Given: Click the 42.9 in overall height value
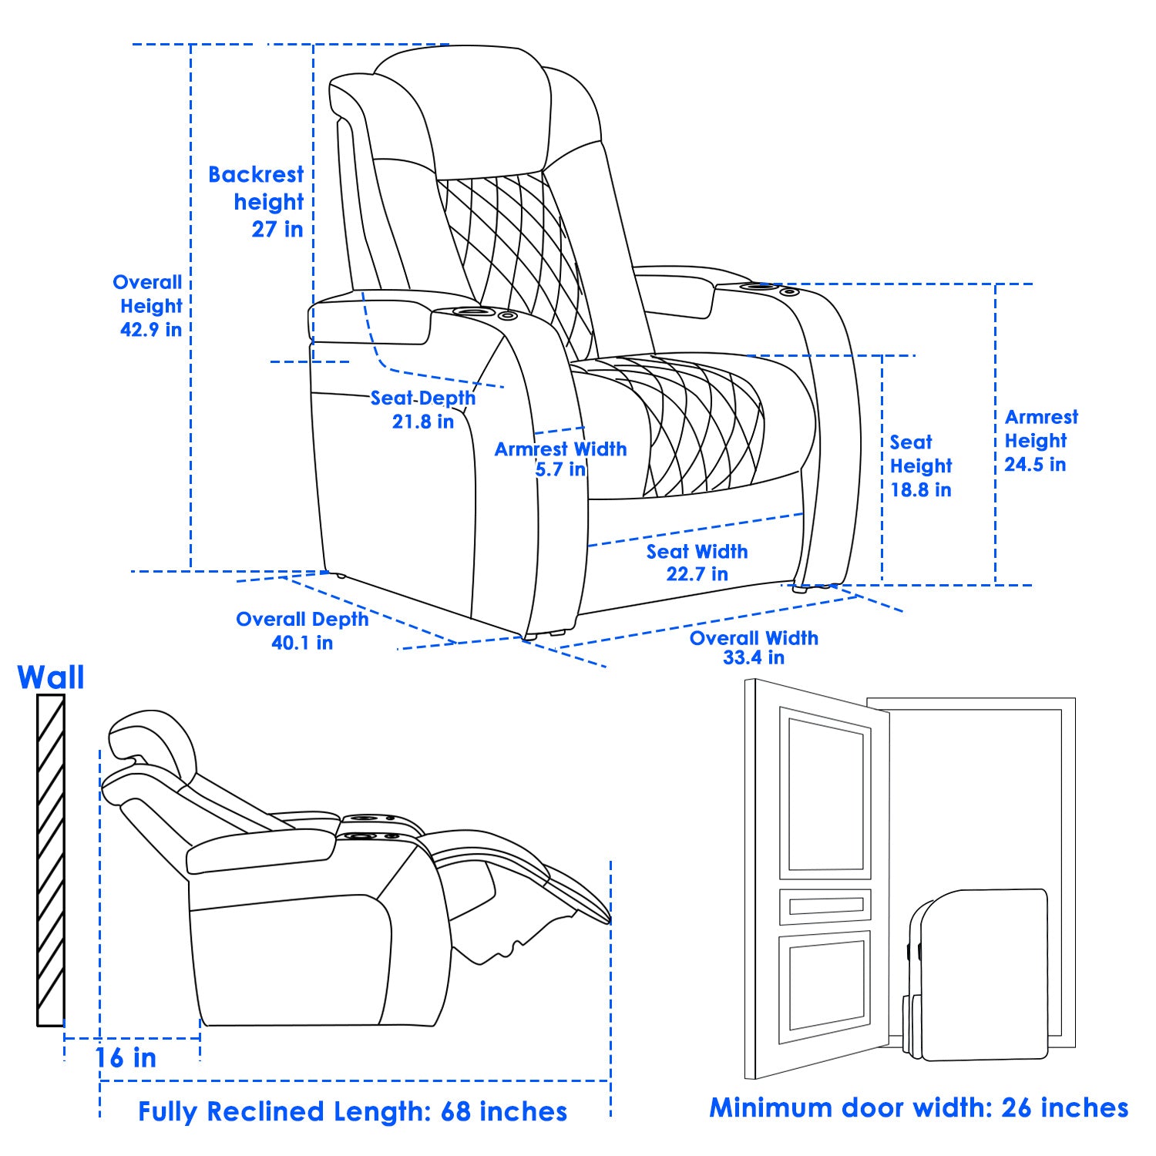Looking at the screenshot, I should point(151,330).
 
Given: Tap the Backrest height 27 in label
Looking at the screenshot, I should point(257,201).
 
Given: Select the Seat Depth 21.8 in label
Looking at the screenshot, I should point(423,409).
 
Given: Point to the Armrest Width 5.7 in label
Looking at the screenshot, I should point(560,459).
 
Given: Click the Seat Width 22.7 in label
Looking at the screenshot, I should point(697,562).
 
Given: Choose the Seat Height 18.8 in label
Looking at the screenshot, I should point(921,465).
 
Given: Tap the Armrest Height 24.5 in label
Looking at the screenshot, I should point(1040,440).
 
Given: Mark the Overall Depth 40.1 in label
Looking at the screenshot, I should point(302,630).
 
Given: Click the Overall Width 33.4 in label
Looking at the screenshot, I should point(753,647).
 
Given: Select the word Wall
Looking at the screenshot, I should point(51,677).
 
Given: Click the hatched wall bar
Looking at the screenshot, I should point(51,859).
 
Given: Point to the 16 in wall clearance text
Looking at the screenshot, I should point(126,1058).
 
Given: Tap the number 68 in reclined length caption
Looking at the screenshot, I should point(455,1111).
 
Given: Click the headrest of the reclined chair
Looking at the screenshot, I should point(151,736).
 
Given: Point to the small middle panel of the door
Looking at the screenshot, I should point(825,906).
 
